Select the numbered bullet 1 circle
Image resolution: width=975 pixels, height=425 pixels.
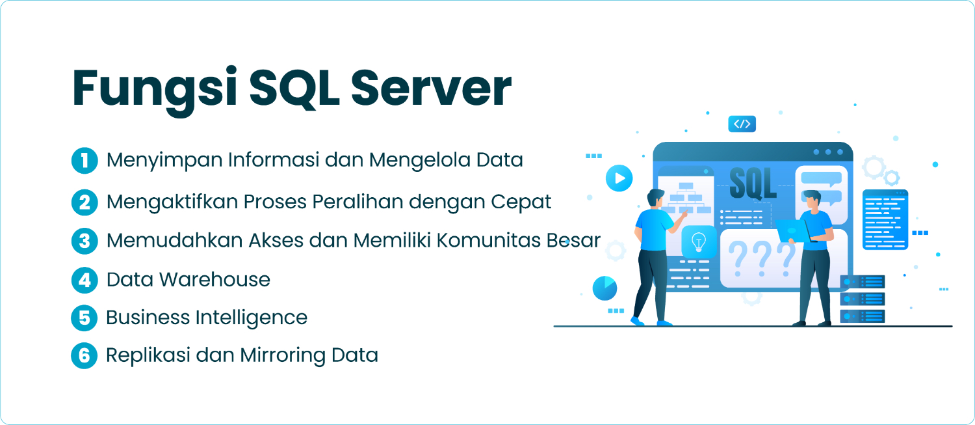click(84, 161)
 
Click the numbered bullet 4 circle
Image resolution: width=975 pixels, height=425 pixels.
click(84, 280)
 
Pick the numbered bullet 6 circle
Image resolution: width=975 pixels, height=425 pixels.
click(84, 356)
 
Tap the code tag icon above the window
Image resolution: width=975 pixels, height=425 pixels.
click(742, 124)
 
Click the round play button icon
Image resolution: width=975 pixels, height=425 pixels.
click(619, 178)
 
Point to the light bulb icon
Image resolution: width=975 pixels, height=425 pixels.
click(699, 241)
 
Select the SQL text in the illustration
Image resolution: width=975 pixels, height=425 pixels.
click(753, 184)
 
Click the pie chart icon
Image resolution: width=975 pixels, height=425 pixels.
click(604, 288)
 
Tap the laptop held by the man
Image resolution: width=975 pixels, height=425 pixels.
click(792, 230)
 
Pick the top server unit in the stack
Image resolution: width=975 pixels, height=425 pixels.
click(863, 282)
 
